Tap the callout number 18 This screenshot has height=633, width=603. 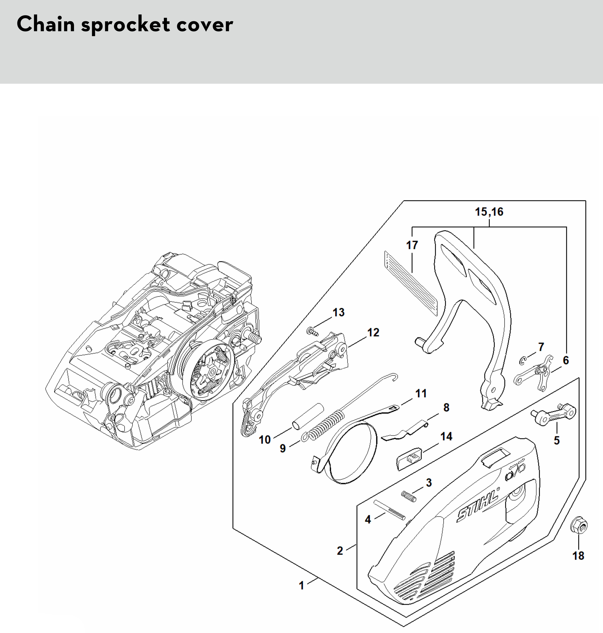(578, 556)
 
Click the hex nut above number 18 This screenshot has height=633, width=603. (579, 526)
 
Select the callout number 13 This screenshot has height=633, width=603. (338, 312)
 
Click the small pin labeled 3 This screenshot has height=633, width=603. (409, 497)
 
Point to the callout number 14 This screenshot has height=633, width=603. (446, 436)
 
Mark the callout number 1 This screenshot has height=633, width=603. (301, 585)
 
